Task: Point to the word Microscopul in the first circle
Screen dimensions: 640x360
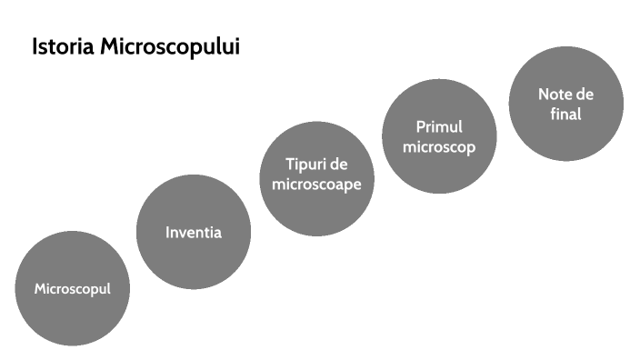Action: [72, 289]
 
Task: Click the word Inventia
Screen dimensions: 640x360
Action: [194, 232]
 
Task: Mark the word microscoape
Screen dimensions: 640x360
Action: [317, 184]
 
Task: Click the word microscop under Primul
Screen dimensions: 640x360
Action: [440, 146]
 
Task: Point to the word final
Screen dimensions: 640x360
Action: [565, 115]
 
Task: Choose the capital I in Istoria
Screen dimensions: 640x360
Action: [35, 47]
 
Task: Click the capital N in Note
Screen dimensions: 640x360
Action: [544, 95]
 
